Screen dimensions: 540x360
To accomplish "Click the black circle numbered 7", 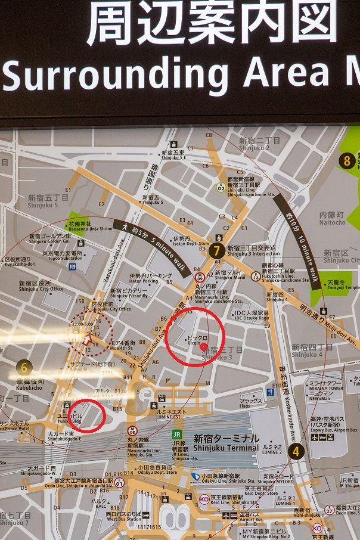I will (x=218, y=251).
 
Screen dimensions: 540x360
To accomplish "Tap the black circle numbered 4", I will (x=296, y=451).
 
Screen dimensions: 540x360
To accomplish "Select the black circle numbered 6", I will (x=24, y=368).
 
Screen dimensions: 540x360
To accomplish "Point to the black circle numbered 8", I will (x=346, y=160).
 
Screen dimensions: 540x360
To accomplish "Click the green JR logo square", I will (x=177, y=435).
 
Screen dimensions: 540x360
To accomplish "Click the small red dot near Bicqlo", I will (x=203, y=346).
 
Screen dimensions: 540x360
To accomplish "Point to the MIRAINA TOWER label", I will (x=325, y=388).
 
